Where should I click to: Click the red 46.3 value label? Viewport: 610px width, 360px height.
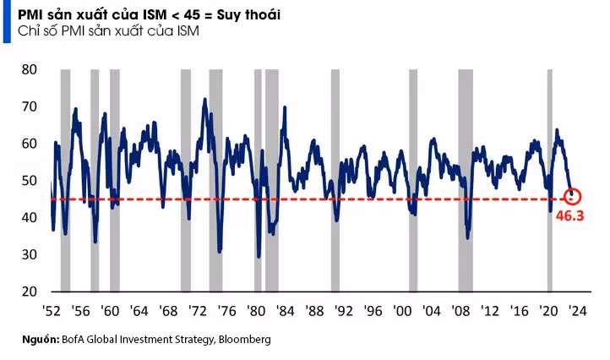coord(570,215)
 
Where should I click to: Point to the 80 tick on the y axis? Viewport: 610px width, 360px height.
coord(30,69)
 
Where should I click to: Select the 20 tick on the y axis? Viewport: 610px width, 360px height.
coord(30,291)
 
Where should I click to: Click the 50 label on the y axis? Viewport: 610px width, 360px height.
coord(30,181)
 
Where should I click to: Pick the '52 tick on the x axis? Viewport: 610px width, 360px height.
coord(52,311)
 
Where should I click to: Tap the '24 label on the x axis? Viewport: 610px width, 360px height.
coord(577,311)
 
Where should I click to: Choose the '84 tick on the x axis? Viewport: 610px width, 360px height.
coord(286,311)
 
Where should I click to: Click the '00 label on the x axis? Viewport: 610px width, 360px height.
coord(402,311)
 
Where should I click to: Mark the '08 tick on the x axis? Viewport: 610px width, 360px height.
coord(460,311)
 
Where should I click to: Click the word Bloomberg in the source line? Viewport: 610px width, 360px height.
coord(245,340)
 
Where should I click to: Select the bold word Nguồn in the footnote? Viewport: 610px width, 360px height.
coord(41,340)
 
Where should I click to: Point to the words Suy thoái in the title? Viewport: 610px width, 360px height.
coord(248,15)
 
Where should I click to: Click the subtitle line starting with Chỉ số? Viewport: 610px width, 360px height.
coord(108,31)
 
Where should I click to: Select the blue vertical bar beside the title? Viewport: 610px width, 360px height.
coord(7,21)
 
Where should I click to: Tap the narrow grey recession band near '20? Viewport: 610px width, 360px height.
coord(550,180)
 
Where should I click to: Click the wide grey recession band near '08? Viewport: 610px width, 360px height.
coord(466,180)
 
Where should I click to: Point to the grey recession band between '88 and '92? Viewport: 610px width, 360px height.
coord(335,180)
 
